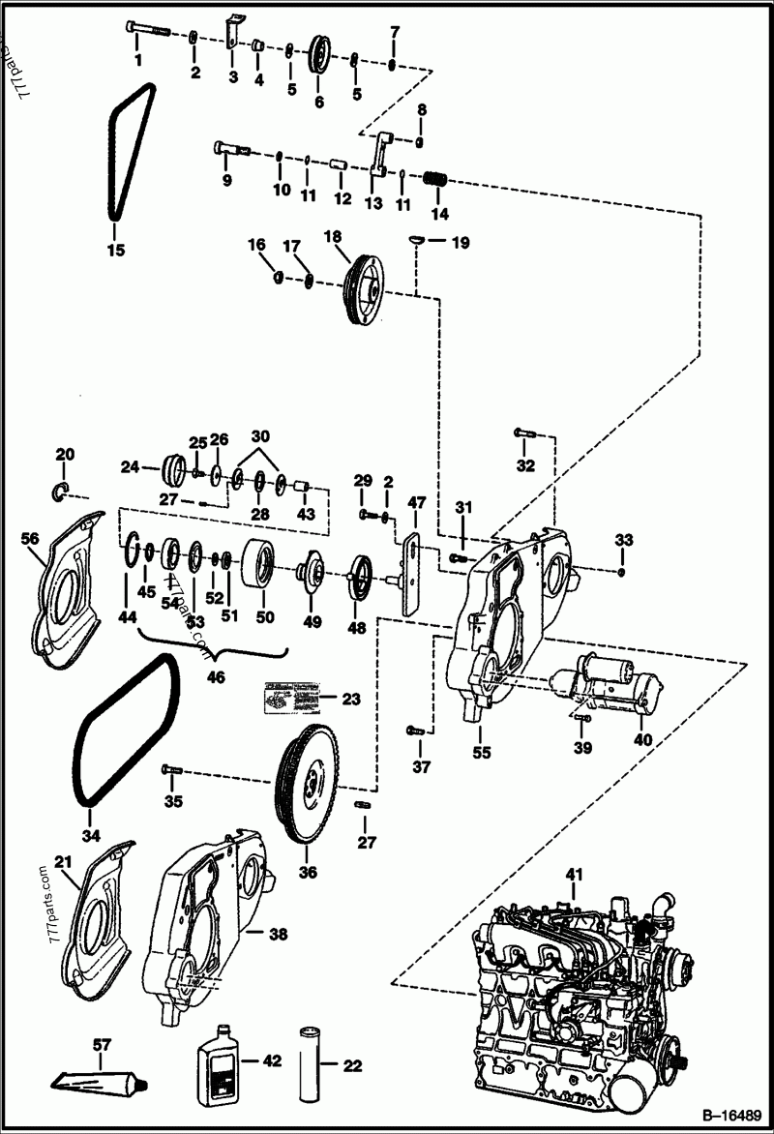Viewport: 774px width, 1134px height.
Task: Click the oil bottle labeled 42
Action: click(221, 1063)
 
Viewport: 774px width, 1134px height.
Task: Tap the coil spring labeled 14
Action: click(437, 180)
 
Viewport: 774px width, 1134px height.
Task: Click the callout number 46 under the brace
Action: click(216, 677)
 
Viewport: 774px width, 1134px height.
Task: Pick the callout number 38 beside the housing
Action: click(279, 935)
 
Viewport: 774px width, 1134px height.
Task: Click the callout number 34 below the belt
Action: click(90, 833)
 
